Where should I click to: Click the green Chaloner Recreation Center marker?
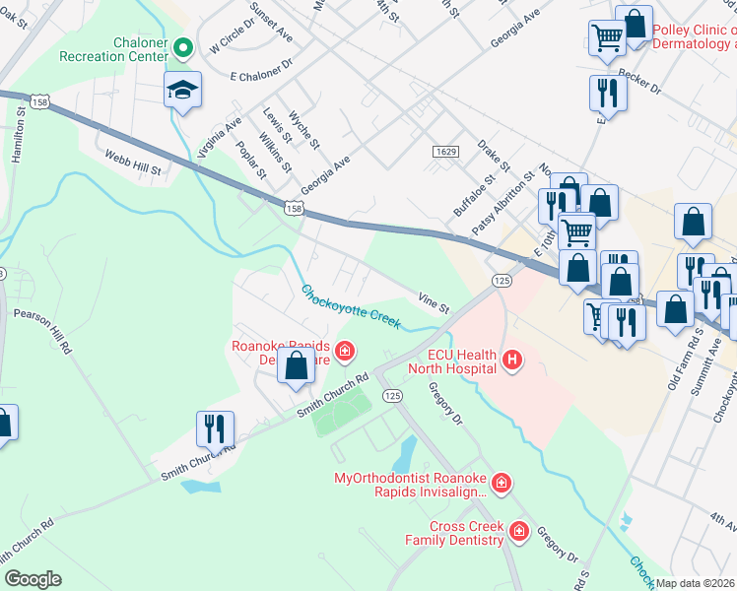click(182, 46)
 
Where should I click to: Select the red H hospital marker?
click(511, 361)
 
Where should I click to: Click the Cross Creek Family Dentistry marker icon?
click(519, 533)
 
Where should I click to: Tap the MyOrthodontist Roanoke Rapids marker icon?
click(502, 482)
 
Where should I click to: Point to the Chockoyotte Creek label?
click(351, 306)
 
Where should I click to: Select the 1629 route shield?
click(445, 151)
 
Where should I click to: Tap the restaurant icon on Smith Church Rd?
click(215, 427)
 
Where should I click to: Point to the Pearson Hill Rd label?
click(42, 332)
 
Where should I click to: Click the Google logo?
click(33, 579)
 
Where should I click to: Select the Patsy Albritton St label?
click(502, 201)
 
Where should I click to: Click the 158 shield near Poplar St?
click(293, 207)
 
